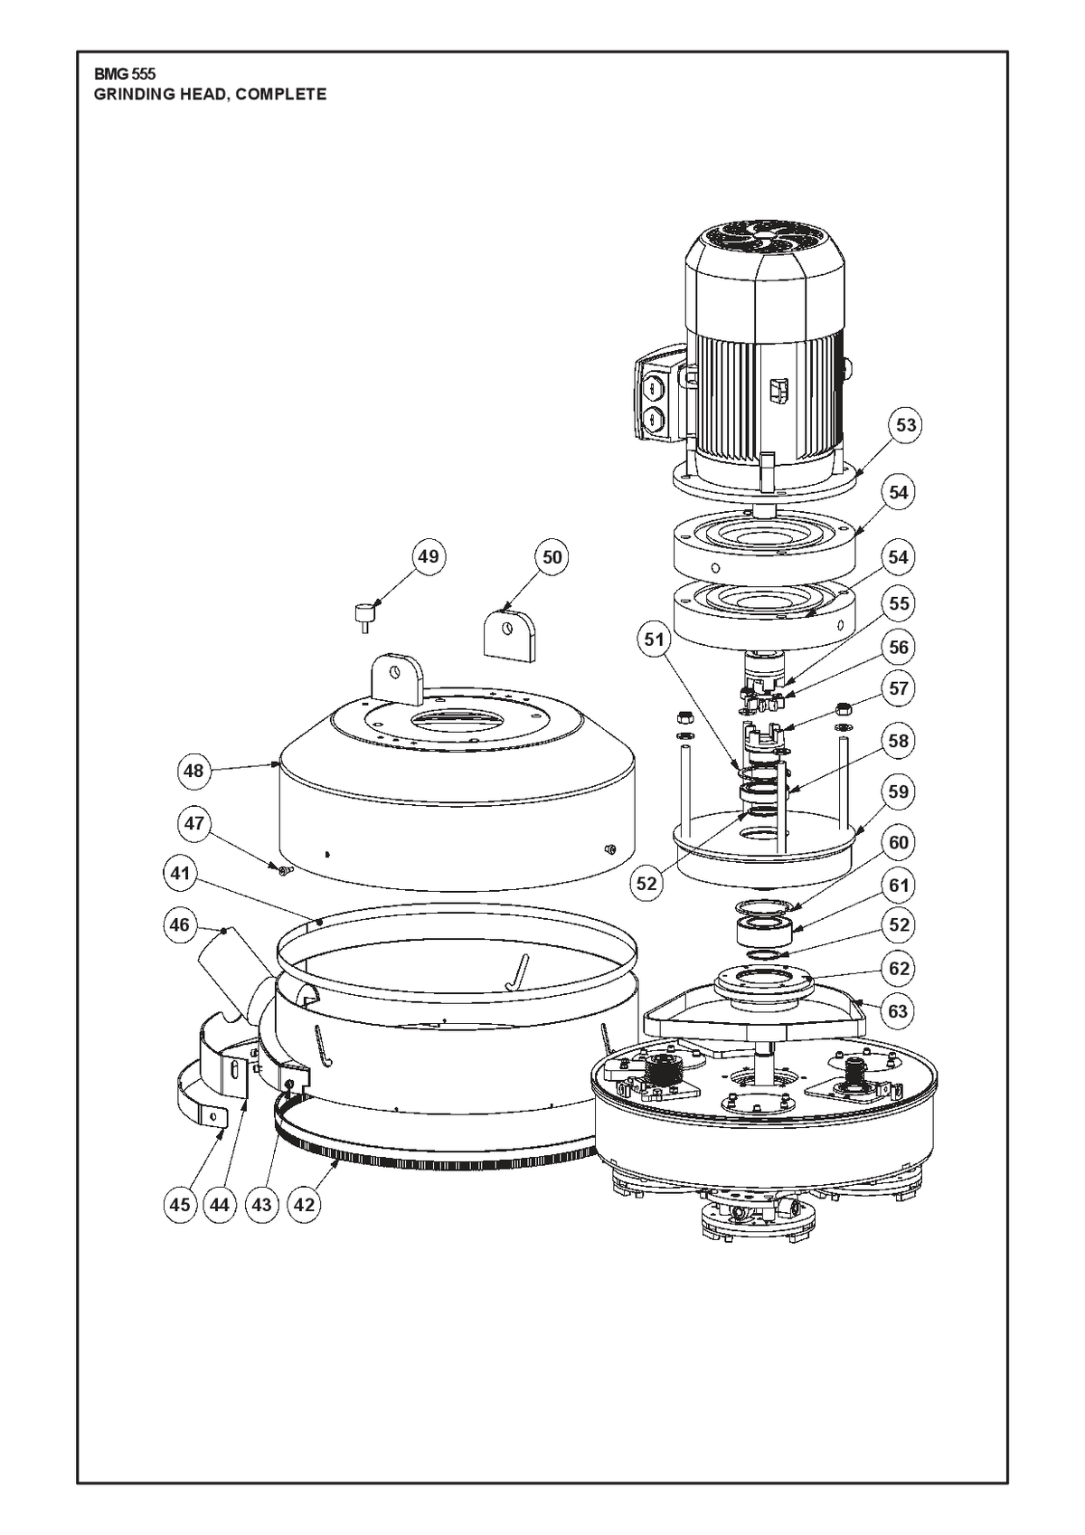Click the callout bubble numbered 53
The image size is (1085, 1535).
pos(906,425)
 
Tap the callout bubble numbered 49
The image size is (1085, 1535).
pos(428,556)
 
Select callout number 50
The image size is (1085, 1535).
pos(552,558)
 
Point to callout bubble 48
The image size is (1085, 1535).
pos(193,771)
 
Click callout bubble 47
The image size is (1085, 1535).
pos(193,822)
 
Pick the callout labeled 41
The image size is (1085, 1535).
pos(180,874)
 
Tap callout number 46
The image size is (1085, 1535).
pos(179,925)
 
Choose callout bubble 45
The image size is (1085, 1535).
pos(180,1205)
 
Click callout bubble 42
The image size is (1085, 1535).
pos(304,1205)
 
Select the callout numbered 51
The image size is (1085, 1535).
pos(654,640)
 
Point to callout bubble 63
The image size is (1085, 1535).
pos(897,1011)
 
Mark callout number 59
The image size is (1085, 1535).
pos(898,792)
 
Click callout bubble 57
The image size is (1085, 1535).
pos(898,688)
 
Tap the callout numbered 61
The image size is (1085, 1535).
pos(898,886)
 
